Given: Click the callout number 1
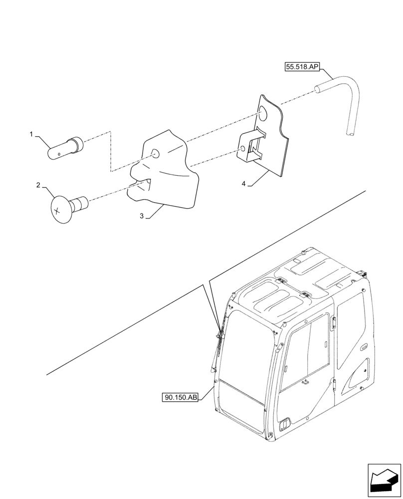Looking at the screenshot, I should point(31,134).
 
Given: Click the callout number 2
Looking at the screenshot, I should point(38,185).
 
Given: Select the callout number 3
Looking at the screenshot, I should point(142,216).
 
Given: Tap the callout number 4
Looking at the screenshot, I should point(243,184).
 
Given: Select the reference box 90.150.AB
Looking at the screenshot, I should point(180,398).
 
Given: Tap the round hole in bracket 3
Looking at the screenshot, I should point(155,154).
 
